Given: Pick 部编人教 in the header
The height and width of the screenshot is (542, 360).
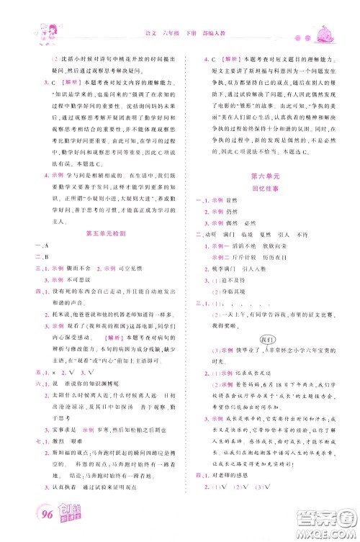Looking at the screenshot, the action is click(x=210, y=35).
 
